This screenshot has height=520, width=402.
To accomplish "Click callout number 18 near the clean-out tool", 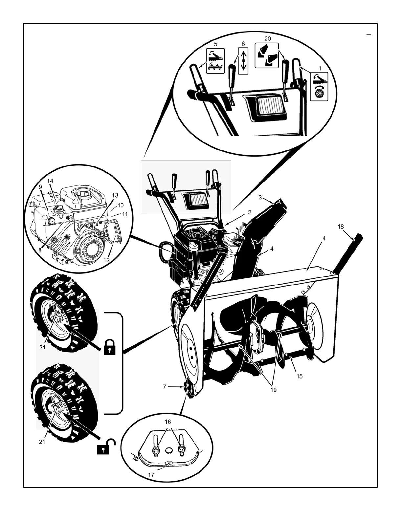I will [341, 227].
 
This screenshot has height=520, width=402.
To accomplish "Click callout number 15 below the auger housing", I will [300, 376].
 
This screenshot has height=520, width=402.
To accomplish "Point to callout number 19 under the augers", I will [273, 390].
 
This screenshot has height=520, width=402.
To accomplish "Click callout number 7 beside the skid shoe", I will [165, 387].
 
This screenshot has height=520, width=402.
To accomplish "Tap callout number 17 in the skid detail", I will [151, 475].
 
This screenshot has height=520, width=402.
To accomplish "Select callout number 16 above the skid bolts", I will [167, 422].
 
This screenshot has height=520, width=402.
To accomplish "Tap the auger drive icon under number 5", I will [215, 61].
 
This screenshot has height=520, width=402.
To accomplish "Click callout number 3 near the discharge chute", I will [260, 198].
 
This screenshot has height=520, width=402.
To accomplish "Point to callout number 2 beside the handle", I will [249, 212].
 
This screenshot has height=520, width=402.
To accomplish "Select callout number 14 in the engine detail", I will [50, 181].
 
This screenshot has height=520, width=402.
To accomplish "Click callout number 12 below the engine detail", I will [106, 260].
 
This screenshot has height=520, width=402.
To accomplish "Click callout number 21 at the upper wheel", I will [42, 347].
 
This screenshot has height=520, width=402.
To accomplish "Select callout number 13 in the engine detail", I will [115, 195].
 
